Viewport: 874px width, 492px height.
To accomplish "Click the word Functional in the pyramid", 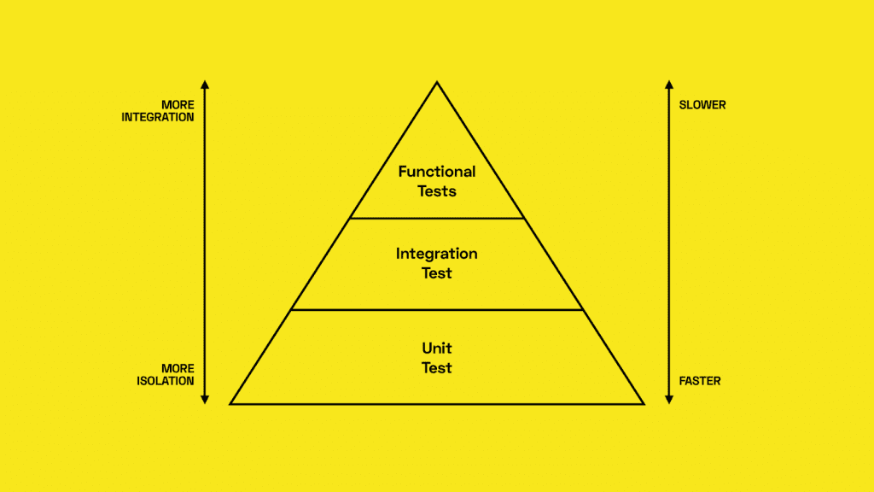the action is coord(437,171).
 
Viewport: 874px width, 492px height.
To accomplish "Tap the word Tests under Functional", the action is coord(437,191).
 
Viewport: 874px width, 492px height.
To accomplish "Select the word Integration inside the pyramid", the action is coord(437,255).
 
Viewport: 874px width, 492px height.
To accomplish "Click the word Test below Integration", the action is coord(437,273).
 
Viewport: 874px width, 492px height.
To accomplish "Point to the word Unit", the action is coord(437,348).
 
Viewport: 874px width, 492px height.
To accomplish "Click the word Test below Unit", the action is coord(437,368).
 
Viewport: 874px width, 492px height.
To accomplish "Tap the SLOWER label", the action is coord(702,105).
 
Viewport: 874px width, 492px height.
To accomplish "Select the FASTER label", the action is coord(700,381).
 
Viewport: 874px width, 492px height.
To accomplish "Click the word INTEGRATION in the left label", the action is coord(158,117).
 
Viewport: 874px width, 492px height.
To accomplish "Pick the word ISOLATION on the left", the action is coord(166,381).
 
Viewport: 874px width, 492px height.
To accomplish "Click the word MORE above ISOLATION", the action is coord(178,369).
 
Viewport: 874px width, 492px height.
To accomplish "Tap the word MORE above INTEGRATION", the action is coord(178,105).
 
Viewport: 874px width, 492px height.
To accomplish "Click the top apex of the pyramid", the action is coord(437,83).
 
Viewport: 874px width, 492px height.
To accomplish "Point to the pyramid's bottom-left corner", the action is coord(230,403).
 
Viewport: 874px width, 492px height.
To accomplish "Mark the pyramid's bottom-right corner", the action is coord(644,403).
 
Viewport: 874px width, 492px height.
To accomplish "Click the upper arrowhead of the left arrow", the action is coord(205,85).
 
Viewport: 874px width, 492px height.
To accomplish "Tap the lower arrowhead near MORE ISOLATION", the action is coord(205,400).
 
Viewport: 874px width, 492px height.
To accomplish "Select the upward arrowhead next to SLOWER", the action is coord(669,85).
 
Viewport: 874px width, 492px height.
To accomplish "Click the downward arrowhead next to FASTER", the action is coord(669,400).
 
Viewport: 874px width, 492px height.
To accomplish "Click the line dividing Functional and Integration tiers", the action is coord(437,218).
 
